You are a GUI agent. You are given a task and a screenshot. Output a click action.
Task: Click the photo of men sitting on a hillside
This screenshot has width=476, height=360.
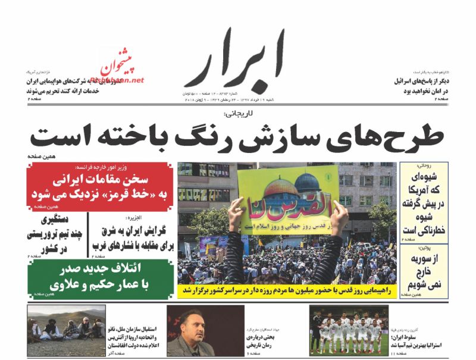66,330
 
